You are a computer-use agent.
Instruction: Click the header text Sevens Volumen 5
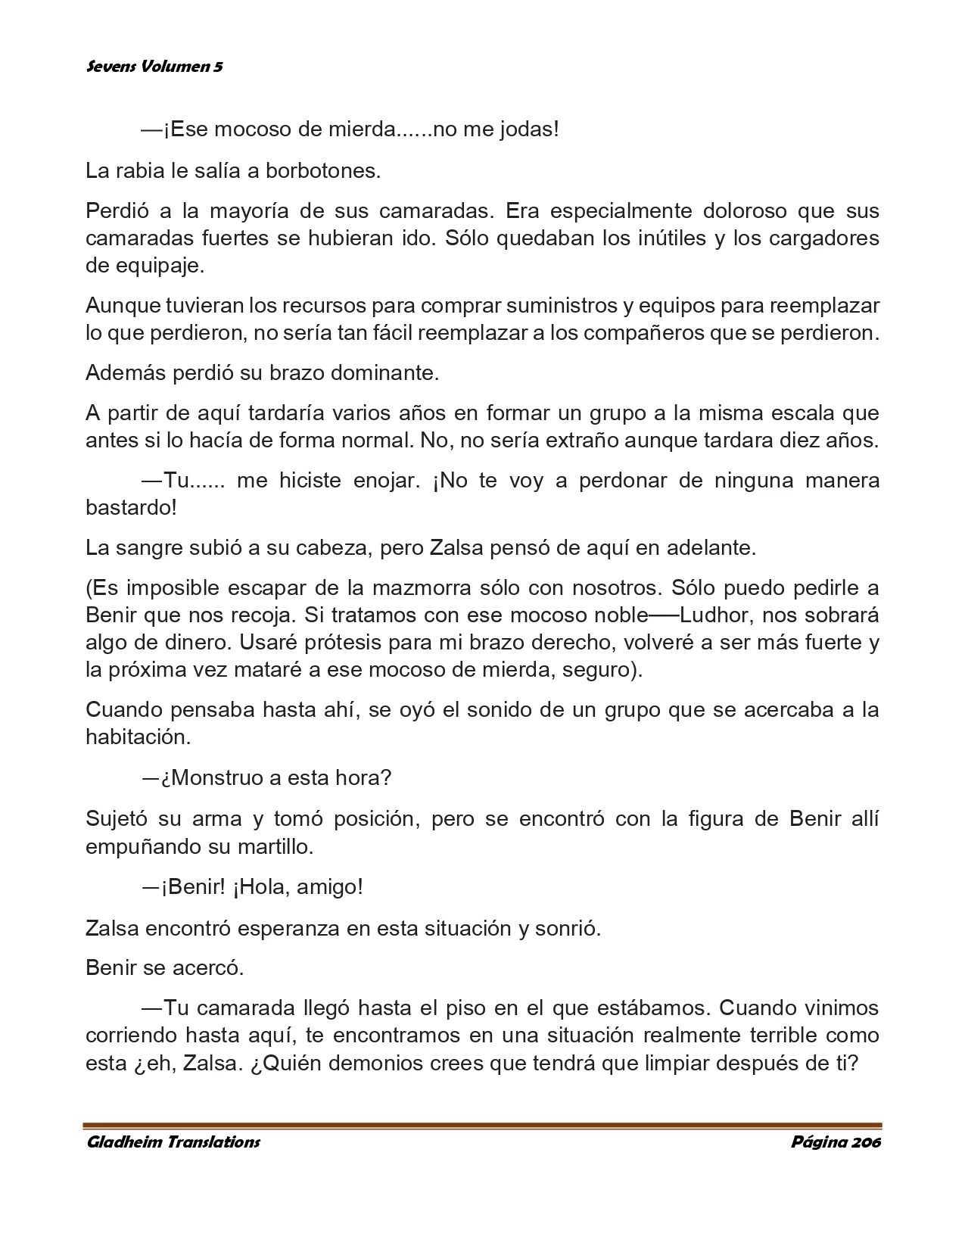(154, 67)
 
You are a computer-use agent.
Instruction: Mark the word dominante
(378, 373)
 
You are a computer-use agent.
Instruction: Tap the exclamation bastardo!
(131, 507)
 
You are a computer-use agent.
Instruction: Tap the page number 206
(867, 1142)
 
